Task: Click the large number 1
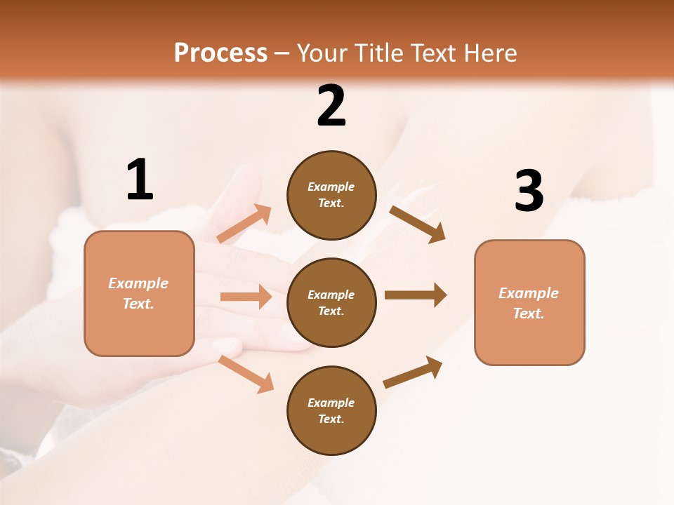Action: [x=140, y=180]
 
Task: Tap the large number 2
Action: [x=331, y=106]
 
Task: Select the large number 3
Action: [x=529, y=191]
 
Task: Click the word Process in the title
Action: [x=220, y=53]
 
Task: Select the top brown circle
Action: [x=331, y=195]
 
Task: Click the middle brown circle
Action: [x=331, y=302]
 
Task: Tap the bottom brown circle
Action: [x=331, y=410]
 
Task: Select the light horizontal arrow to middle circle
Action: [x=246, y=297]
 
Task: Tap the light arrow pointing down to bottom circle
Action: [x=246, y=374]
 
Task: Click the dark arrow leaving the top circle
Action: [x=418, y=224]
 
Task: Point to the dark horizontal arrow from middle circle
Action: [x=416, y=295]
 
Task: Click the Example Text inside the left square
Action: [x=138, y=293]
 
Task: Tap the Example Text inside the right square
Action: [x=529, y=303]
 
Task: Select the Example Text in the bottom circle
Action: [x=331, y=410]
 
